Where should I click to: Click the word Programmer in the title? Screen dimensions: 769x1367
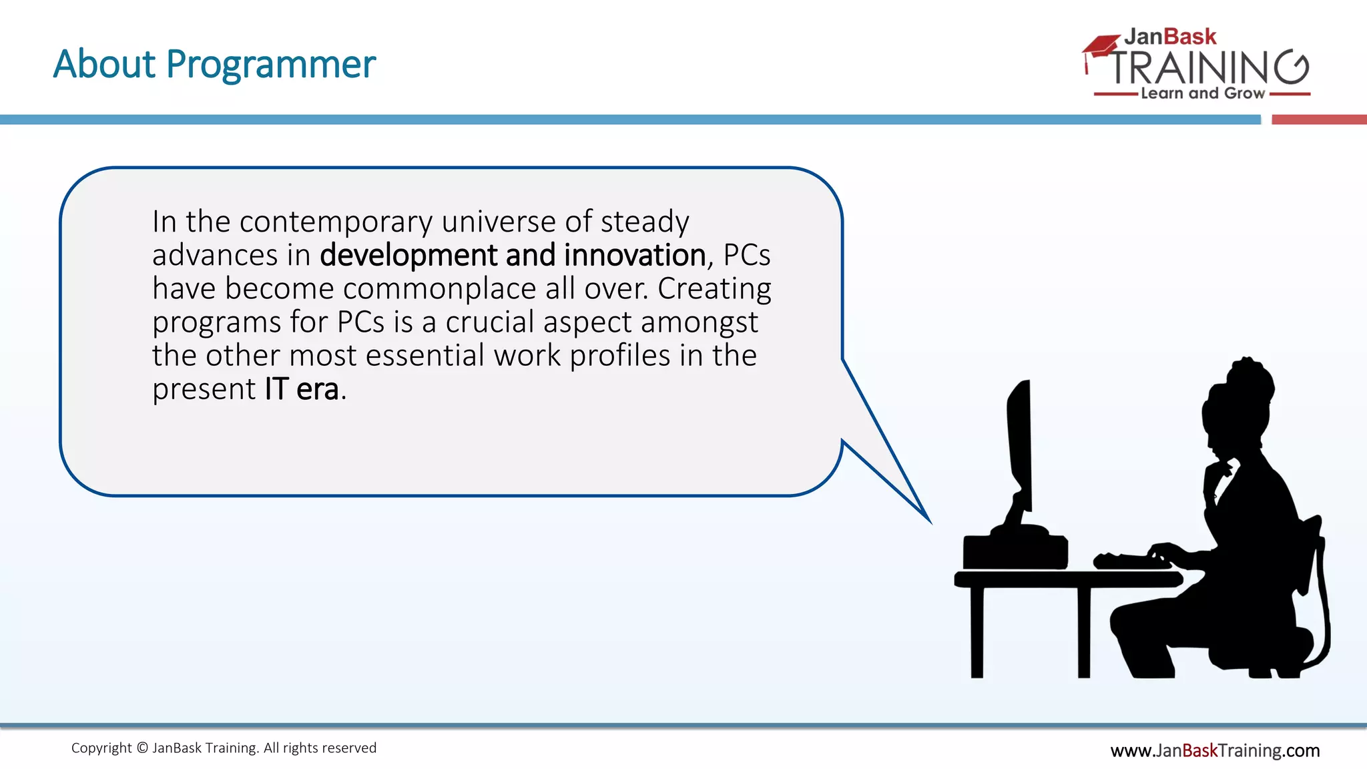click(270, 65)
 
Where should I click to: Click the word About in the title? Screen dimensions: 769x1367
click(104, 64)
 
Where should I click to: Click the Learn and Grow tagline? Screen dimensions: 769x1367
click(1202, 93)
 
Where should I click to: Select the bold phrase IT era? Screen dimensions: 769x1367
click(302, 389)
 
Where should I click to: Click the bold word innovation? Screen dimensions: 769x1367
click(634, 255)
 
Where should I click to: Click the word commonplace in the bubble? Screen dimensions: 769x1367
click(440, 288)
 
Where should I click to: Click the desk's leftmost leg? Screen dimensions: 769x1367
click(977, 631)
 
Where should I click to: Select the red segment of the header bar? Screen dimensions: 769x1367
click(1318, 119)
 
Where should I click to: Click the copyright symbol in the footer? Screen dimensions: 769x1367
click(142, 748)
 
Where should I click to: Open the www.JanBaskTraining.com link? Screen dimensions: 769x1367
click(1214, 750)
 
